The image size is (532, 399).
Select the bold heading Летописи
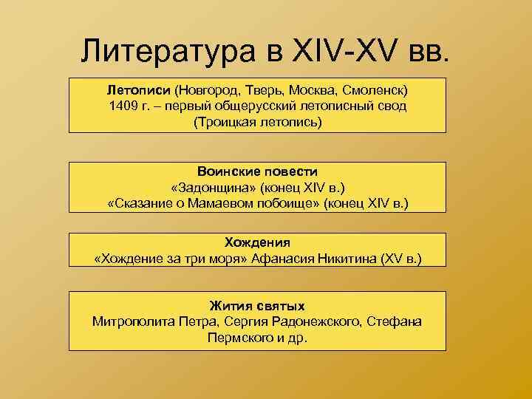coord(139,90)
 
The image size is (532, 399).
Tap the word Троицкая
coord(227,122)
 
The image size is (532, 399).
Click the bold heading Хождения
coord(258,242)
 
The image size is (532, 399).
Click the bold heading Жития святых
coord(258,305)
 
